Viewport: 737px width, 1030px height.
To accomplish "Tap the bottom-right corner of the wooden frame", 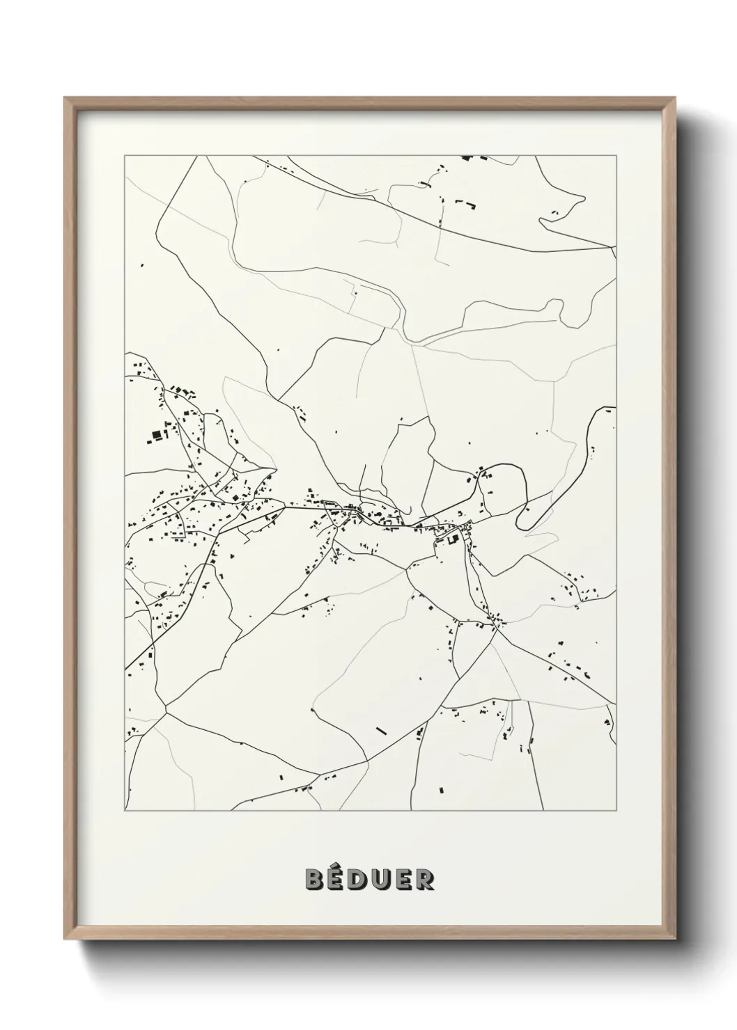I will [673, 937].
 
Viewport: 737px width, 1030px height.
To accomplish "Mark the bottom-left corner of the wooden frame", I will [66, 937].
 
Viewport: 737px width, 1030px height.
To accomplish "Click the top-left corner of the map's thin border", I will [125, 156].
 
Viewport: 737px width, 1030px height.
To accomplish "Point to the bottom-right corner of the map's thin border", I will [616, 811].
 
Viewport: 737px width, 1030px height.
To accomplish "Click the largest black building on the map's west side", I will [155, 436].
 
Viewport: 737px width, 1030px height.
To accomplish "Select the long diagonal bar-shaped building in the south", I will [380, 730].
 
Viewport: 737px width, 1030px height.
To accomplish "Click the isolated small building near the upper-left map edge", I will [142, 264].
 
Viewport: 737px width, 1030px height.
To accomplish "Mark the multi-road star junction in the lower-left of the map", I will [166, 709].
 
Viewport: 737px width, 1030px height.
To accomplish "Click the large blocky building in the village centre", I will [451, 538].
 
